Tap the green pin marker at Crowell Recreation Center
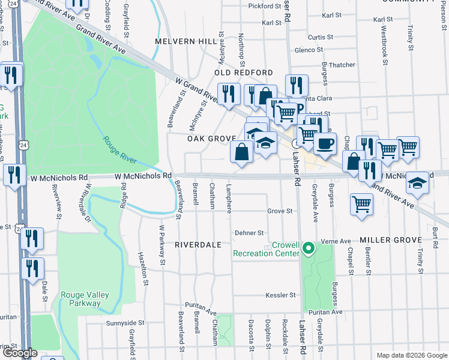click(308, 247)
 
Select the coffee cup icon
click(325, 143)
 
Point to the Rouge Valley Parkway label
click(80, 299)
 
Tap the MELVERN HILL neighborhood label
click(185, 41)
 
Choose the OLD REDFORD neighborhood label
click(244, 73)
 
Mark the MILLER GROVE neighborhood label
click(391, 240)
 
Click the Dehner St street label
click(249, 233)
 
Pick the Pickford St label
click(265, 7)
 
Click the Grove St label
click(280, 211)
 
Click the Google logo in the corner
click(20, 353)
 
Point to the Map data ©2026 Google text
click(411, 355)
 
